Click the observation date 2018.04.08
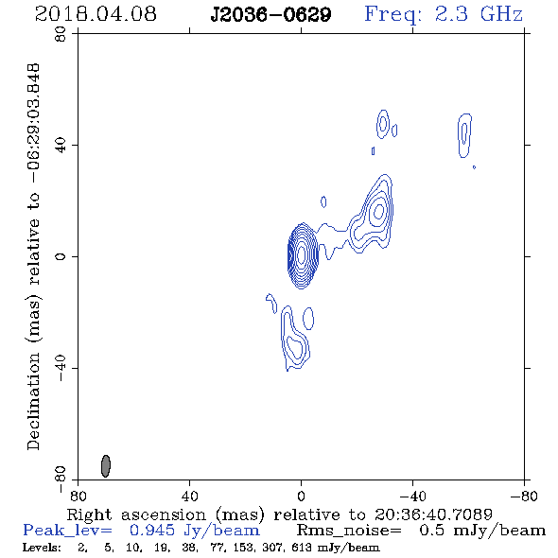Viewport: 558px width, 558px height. click(96, 14)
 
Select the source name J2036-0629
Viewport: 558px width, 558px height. click(270, 14)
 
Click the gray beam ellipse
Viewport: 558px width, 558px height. click(106, 466)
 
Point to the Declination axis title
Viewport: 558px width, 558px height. click(33, 256)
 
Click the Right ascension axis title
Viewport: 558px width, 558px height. click(279, 514)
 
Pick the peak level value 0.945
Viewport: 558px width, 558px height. click(152, 531)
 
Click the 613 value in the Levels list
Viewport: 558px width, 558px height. click(298, 548)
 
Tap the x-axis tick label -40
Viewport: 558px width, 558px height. click(412, 497)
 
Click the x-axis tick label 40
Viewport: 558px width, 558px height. click(189, 497)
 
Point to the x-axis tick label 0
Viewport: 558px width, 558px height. click(301, 497)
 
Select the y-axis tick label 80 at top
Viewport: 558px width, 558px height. click(61, 34)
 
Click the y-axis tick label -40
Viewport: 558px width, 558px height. click(61, 368)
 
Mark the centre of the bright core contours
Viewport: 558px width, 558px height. click(302, 255)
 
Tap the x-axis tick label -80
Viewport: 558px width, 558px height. click(524, 497)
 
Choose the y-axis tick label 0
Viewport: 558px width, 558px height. click(61, 256)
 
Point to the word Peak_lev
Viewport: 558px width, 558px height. click(67, 531)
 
